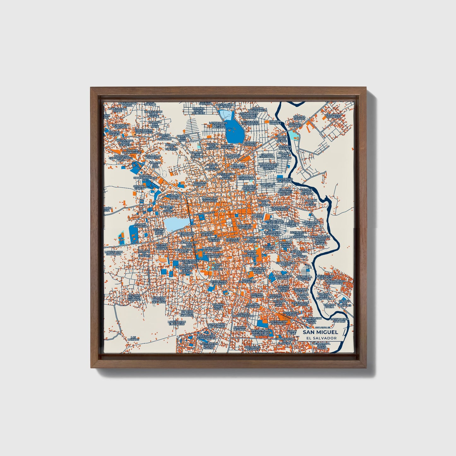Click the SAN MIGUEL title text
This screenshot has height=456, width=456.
click(x=320, y=332)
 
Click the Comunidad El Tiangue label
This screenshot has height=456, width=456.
click(x=284, y=180)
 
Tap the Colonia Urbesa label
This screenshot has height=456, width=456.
click(x=175, y=197)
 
